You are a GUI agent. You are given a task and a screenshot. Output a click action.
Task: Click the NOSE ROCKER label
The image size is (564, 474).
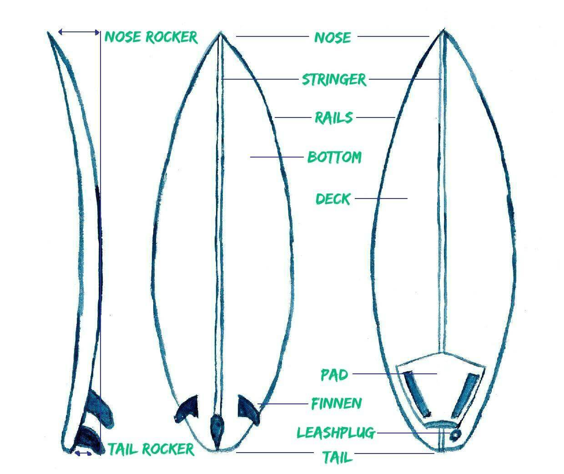tap(151, 37)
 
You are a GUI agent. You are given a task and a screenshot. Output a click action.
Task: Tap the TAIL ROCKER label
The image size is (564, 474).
tap(151, 449)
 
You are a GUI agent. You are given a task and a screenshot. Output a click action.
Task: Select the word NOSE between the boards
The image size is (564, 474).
tap(333, 38)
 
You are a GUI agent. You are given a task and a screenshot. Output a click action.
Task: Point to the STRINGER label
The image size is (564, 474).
tap(334, 80)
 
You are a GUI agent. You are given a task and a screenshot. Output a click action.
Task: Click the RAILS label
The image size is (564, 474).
tap(334, 117)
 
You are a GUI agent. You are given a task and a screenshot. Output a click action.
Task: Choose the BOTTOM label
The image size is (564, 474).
tap(334, 157)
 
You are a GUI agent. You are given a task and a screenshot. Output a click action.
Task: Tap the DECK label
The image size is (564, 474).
tap(333, 199)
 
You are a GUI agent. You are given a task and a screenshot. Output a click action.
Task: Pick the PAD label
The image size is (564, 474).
tap(334, 375)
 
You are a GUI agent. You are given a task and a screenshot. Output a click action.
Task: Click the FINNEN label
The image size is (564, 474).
tap(336, 404)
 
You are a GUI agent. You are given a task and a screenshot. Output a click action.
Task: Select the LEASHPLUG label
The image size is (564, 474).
tap(336, 433)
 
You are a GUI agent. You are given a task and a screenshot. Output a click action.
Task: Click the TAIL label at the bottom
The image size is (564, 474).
tap(337, 457)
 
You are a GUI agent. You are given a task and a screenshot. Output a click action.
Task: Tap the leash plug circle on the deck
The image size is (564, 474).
tap(455, 435)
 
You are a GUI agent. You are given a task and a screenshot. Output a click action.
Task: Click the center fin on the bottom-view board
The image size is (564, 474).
tap(217, 430)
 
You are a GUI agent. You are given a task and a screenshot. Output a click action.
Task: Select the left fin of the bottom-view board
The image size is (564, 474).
tap(188, 409)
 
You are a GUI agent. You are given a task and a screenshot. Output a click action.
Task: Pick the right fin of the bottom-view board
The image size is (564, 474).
tap(248, 410)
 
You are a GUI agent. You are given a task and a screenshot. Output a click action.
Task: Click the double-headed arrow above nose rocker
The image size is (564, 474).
tap(79, 32)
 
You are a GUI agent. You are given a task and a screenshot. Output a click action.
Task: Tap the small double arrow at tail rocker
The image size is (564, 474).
tap(84, 454)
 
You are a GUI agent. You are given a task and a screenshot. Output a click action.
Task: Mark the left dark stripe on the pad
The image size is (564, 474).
tap(417, 394)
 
